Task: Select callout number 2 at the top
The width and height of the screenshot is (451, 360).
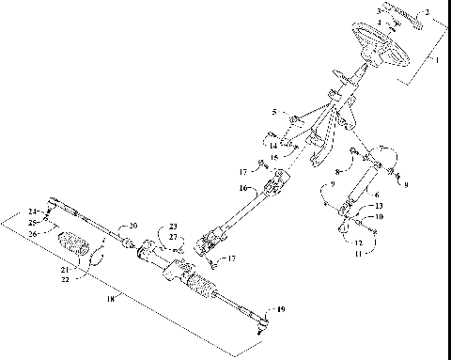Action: click(x=428, y=12)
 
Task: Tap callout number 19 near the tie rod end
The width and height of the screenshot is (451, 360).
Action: click(x=279, y=310)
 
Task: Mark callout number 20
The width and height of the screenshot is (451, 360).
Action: click(x=133, y=226)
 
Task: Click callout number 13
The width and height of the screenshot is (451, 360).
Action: click(x=380, y=206)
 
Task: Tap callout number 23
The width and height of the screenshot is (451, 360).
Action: click(x=173, y=227)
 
